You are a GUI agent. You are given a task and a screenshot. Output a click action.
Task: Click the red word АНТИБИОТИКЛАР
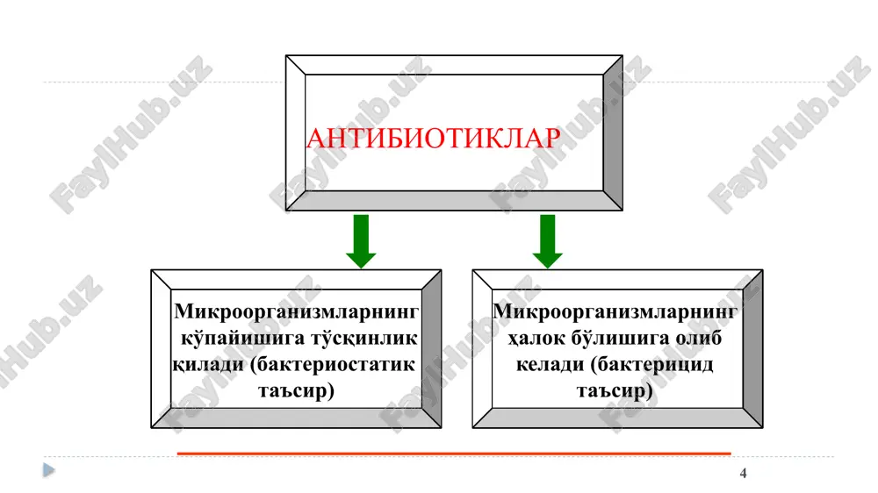[434, 138]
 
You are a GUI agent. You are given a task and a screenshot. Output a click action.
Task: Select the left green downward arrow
[361, 241]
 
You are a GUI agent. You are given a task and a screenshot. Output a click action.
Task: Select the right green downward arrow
[547, 241]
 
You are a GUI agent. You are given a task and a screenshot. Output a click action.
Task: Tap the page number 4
[743, 474]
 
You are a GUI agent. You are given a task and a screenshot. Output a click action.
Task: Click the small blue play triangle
[48, 470]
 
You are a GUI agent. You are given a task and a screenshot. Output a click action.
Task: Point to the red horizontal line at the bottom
[454, 454]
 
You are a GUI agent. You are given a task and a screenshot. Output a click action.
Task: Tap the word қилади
[208, 365]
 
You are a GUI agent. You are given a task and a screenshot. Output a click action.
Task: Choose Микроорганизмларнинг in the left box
[296, 312]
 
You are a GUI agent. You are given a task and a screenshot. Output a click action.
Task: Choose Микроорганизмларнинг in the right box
[615, 312]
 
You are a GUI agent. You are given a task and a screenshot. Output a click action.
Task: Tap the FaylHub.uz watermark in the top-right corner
[789, 134]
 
